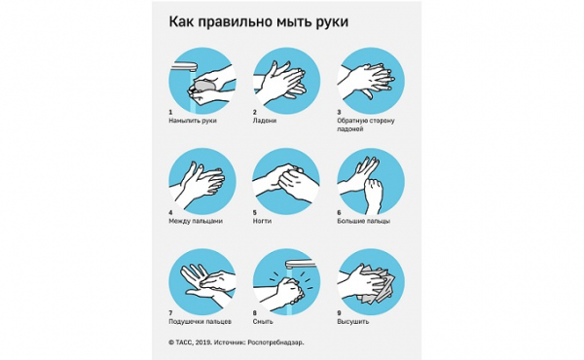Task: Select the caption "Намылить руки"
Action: click(193, 120)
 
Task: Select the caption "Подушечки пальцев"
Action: click(200, 321)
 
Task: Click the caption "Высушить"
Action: click(354, 321)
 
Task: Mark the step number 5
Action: click(254, 212)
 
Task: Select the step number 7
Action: click(170, 312)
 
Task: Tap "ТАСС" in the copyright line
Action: click(184, 343)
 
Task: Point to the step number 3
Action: click(339, 111)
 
